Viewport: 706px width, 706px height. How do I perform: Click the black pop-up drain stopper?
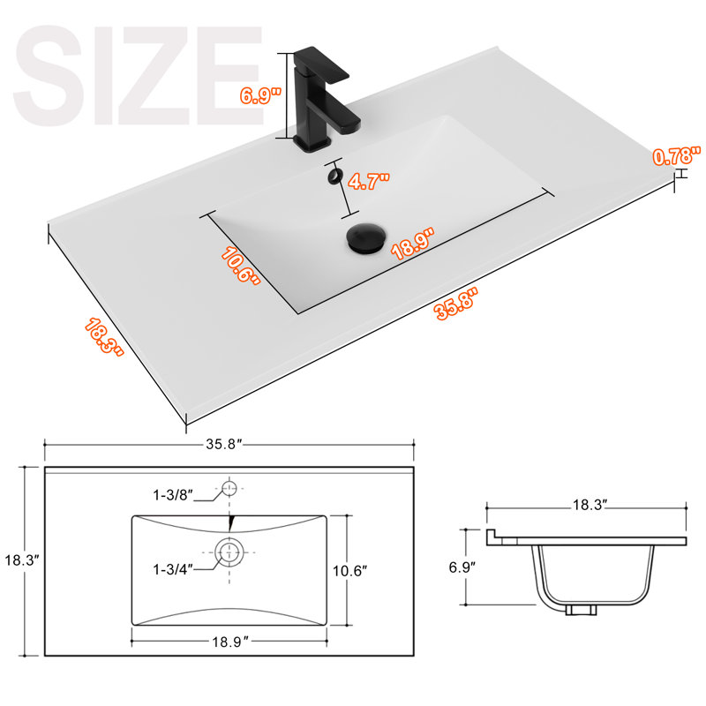click(x=365, y=238)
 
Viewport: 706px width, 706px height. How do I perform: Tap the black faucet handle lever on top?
click(x=322, y=65)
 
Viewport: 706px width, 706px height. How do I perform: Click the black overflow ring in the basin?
click(x=334, y=176)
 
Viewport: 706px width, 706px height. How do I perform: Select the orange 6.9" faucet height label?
click(x=260, y=95)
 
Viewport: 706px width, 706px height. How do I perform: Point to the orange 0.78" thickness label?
click(x=677, y=156)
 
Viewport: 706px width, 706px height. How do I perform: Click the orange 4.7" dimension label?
click(x=369, y=181)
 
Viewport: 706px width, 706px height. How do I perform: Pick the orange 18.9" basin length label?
click(x=413, y=244)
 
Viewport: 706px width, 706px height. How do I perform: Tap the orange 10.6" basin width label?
click(x=241, y=266)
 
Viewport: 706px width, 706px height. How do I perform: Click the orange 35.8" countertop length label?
click(x=455, y=304)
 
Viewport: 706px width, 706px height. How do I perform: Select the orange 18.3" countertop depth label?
click(x=104, y=336)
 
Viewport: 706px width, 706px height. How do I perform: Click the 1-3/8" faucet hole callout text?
click(x=172, y=495)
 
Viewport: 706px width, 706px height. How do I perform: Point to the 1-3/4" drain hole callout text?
click(x=172, y=569)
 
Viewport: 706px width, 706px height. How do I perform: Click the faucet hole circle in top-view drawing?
click(x=229, y=488)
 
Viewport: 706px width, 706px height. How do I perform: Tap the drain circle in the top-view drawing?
click(x=229, y=552)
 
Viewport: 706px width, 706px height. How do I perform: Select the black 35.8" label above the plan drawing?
click(x=224, y=444)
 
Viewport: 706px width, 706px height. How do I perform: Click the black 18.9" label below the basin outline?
click(x=230, y=642)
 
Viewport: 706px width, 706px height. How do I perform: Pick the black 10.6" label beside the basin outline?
click(x=349, y=571)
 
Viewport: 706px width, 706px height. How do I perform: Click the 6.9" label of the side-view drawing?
click(x=462, y=567)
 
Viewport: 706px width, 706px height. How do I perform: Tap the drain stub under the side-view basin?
click(x=581, y=610)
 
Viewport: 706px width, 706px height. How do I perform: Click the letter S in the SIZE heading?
click(x=49, y=75)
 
